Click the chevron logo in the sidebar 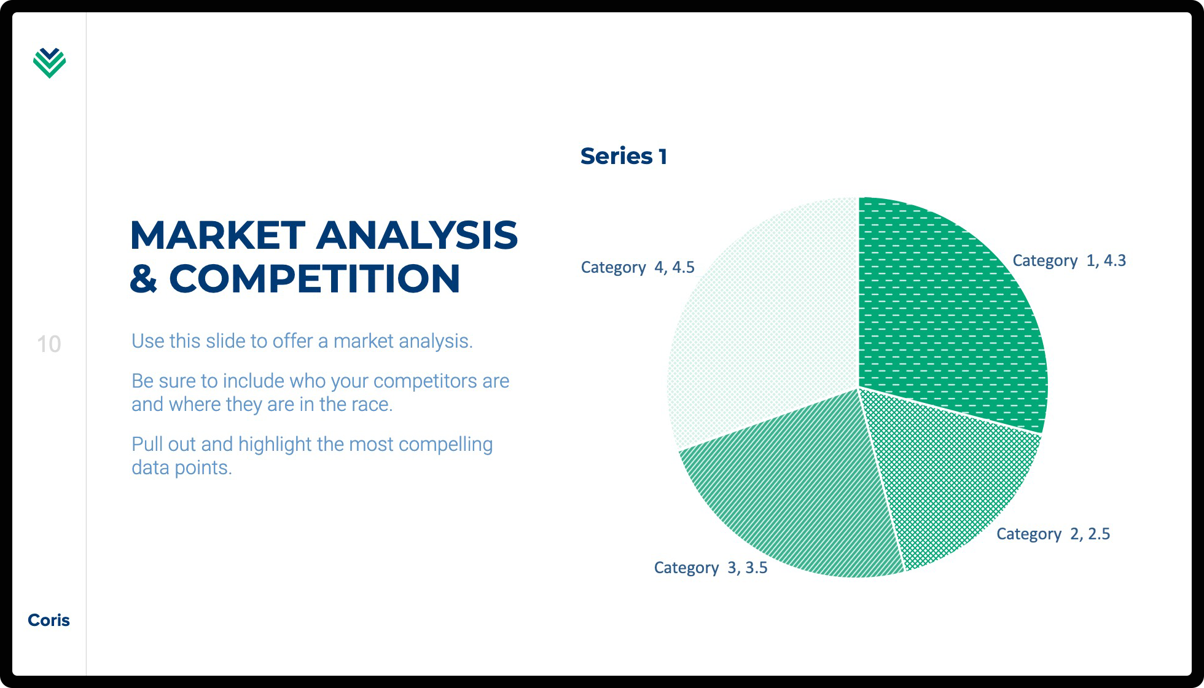(x=49, y=63)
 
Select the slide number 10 (x=49, y=344)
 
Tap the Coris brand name (x=49, y=620)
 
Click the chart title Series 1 (x=623, y=156)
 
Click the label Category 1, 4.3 (x=1069, y=261)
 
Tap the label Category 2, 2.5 (x=1053, y=534)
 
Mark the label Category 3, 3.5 (x=711, y=568)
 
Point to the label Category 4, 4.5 (x=638, y=268)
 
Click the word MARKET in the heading (x=218, y=235)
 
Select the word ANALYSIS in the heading (x=417, y=235)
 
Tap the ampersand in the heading (x=144, y=278)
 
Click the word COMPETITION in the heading (x=315, y=278)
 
